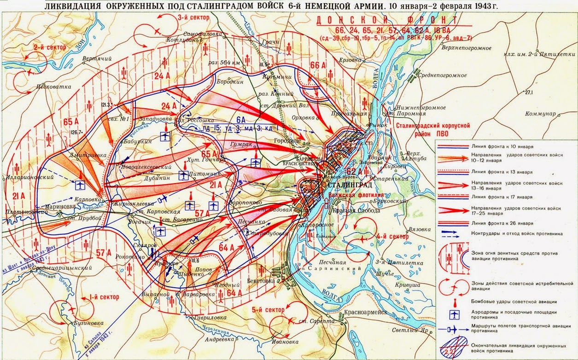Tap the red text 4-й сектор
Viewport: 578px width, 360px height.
pyautogui.click(x=393, y=237)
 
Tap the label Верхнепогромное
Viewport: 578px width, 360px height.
pyautogui.click(x=465, y=47)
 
